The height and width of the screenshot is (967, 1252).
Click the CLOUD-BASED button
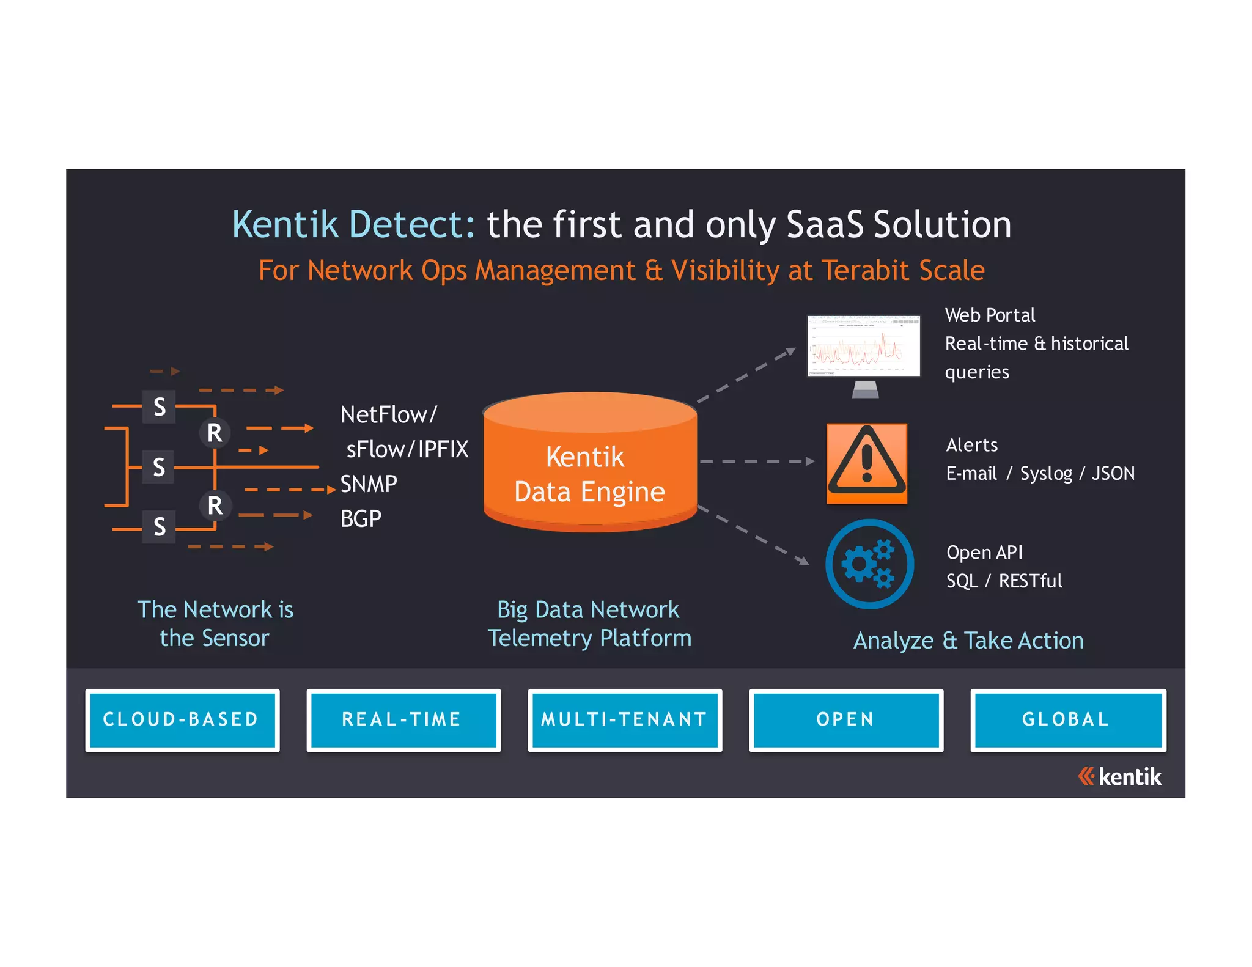182,719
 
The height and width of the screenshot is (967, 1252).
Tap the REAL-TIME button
403,719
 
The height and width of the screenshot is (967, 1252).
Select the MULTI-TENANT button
624,719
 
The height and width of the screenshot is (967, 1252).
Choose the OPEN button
845,719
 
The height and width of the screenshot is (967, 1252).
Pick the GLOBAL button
1067,719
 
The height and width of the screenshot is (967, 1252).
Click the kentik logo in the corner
1119,776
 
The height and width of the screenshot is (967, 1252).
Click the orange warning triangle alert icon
866,463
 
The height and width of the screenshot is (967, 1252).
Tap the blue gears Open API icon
869,563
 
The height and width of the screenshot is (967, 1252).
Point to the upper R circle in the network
215,433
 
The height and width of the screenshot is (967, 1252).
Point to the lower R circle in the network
215,506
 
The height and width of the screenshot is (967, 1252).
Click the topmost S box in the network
159,406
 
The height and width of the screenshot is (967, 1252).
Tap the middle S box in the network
159,467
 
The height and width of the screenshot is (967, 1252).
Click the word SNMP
369,484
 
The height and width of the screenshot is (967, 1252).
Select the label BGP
361,519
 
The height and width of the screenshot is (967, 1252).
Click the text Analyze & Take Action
968,641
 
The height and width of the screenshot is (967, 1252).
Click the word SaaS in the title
825,224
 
